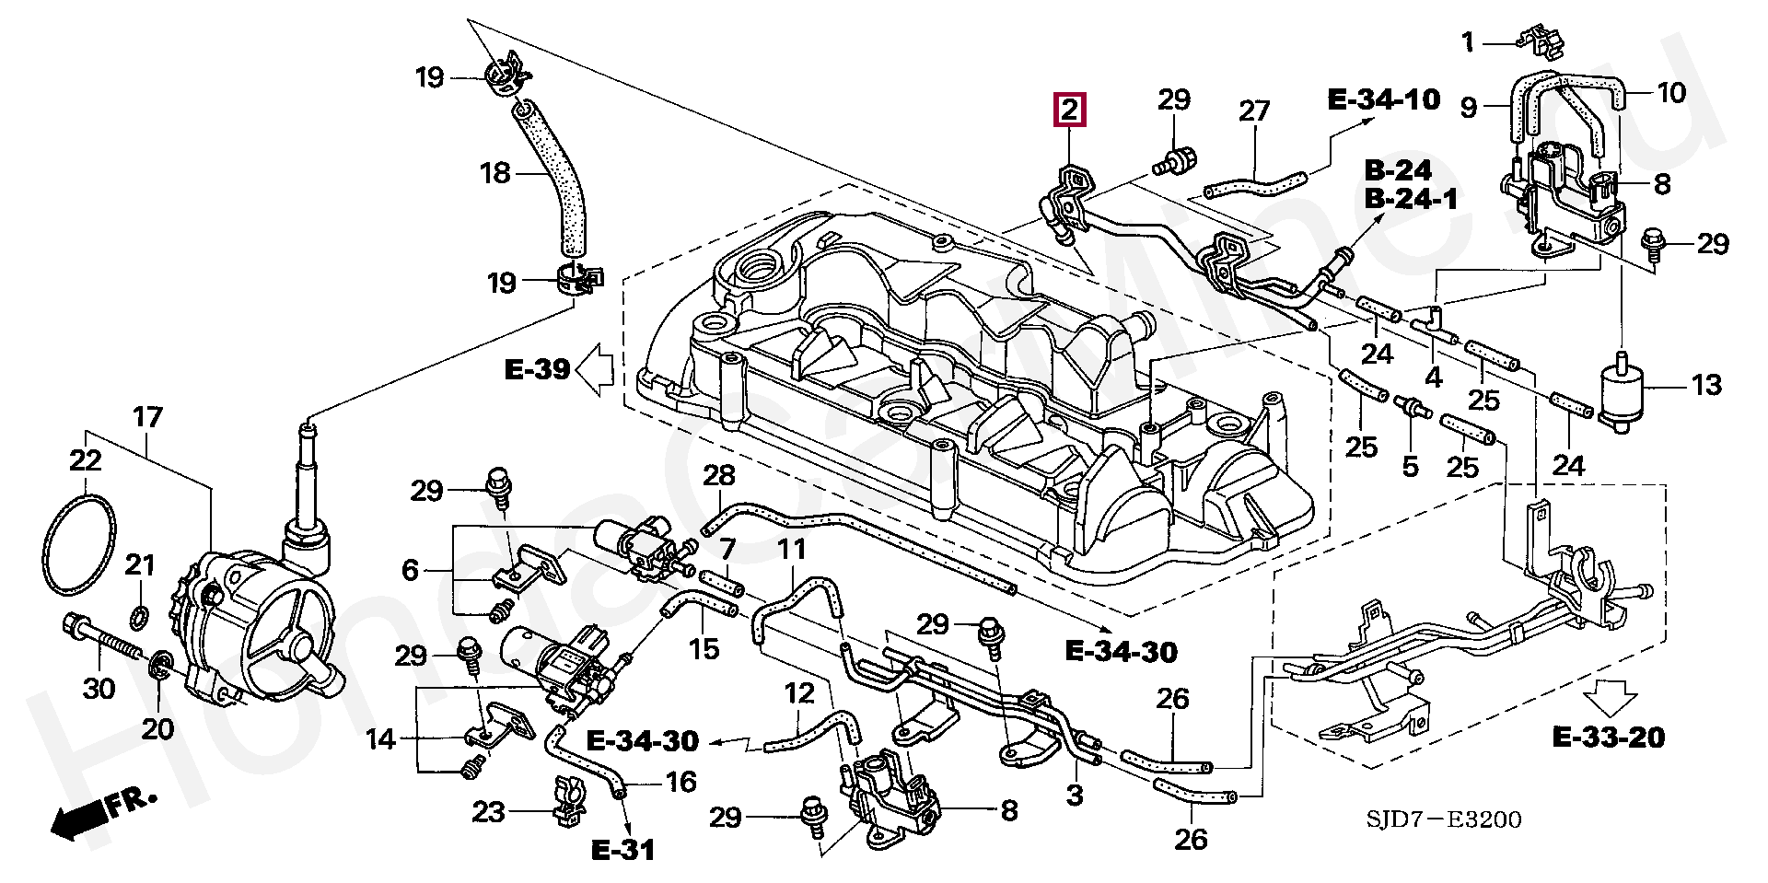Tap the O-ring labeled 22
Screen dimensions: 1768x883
click(80, 544)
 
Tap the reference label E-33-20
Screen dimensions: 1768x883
click(1608, 738)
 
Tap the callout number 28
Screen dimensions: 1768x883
click(719, 475)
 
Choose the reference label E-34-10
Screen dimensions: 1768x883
click(1384, 99)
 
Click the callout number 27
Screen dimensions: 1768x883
click(1254, 111)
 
